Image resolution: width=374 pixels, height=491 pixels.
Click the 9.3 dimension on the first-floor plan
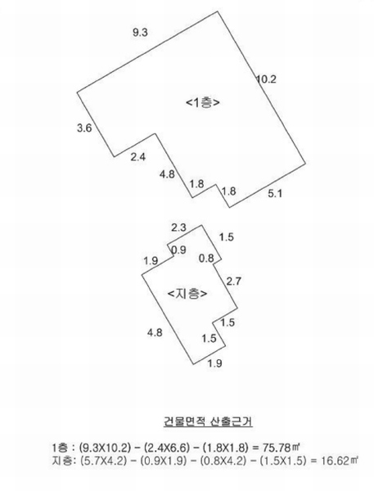coord(140,32)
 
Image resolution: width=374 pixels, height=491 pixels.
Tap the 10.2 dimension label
coord(267,79)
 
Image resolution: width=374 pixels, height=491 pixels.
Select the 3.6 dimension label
coord(84,128)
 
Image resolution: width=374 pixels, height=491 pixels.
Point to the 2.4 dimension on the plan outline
coord(138,156)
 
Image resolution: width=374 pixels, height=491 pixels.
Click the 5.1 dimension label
coord(275,193)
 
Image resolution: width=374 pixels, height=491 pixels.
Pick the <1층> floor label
coord(203,102)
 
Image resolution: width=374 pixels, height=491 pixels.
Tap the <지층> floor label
coord(187,294)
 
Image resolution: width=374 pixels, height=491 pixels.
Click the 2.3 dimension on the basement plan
coord(178,227)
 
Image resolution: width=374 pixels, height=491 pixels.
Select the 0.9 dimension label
coord(179,250)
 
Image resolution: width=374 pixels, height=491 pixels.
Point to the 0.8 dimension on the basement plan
coord(206,259)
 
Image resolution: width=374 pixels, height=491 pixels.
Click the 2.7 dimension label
coord(234,282)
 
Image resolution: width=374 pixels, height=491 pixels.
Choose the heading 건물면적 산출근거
coord(208,421)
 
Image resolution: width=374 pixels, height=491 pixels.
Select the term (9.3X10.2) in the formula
coord(104,448)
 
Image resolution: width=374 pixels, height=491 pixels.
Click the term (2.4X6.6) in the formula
coord(167,448)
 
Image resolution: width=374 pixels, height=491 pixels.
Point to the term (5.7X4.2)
coord(103,461)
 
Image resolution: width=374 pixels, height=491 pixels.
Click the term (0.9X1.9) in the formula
coord(163,461)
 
